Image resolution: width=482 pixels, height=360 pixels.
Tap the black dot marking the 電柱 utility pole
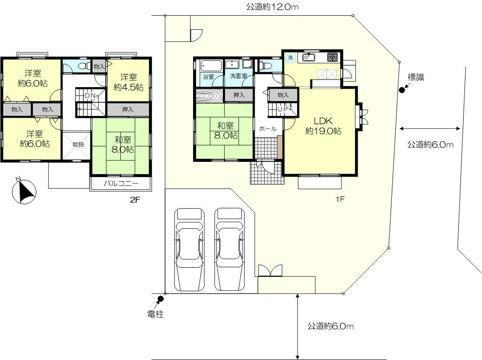point(161,298)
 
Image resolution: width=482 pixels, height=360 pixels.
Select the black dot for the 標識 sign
point(401,90)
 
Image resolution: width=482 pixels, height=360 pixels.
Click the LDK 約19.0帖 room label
point(323,126)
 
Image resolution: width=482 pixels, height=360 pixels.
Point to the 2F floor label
point(135,199)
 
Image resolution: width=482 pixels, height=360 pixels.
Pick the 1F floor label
point(340,199)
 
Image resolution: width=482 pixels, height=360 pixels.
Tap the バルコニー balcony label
point(121,184)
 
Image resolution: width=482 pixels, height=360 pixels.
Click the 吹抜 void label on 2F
point(78,144)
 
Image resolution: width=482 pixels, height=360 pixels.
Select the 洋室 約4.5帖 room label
point(129,82)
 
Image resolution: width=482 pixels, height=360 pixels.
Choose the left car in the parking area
point(190,249)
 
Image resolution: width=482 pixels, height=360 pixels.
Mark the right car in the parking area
point(230,249)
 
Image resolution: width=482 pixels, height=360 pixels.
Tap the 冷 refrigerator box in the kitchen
point(290,57)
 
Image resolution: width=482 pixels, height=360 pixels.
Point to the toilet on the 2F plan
point(84,66)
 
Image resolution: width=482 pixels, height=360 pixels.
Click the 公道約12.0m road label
point(272,7)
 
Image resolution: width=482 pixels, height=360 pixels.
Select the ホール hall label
point(267,129)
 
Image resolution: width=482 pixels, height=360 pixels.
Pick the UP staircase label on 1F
point(282,109)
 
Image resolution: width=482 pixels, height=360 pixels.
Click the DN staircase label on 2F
point(90,96)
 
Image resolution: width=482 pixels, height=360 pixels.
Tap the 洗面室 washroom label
point(239,76)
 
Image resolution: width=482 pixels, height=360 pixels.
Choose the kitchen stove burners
point(332,57)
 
